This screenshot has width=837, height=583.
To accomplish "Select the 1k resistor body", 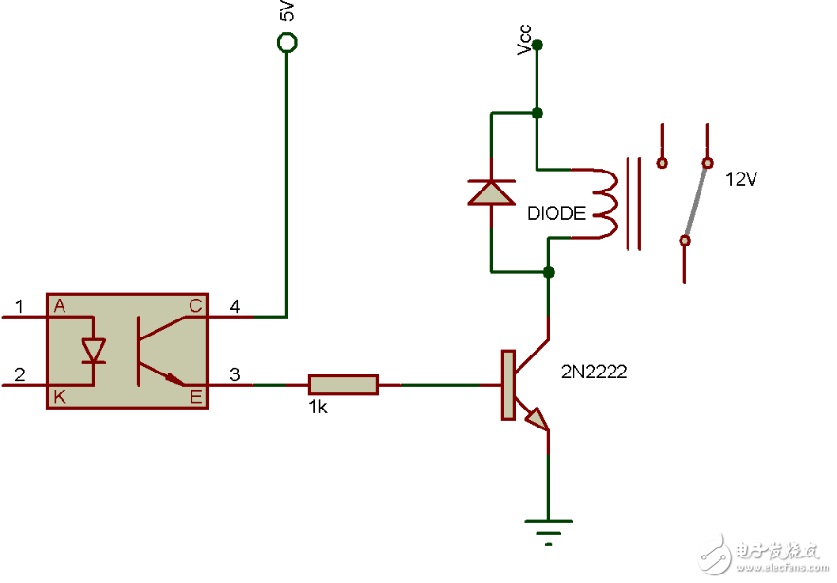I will (343, 384).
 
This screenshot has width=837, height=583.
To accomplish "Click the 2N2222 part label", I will (594, 373).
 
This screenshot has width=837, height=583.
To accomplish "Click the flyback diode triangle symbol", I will (492, 192).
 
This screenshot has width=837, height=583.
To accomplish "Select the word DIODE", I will (556, 214).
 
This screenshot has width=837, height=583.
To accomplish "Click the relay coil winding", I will (605, 203).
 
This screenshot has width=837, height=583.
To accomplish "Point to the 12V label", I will (740, 179).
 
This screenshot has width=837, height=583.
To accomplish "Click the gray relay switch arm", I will (696, 201).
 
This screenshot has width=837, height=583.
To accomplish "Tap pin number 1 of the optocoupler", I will (19, 306).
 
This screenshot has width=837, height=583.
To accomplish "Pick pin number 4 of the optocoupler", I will (235, 306).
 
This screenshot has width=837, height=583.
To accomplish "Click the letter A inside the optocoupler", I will (60, 305).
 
